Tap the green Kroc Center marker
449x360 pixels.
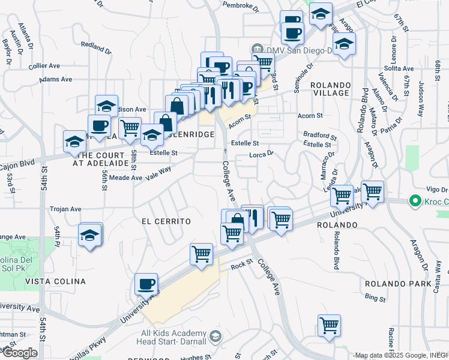(413, 200)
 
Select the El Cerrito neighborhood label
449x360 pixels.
(166, 221)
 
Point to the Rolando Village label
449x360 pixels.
(330, 89)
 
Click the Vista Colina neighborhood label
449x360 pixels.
(59, 281)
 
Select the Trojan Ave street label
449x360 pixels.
(65, 209)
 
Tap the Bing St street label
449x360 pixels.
(375, 298)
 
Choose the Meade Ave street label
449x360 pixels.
(125, 178)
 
